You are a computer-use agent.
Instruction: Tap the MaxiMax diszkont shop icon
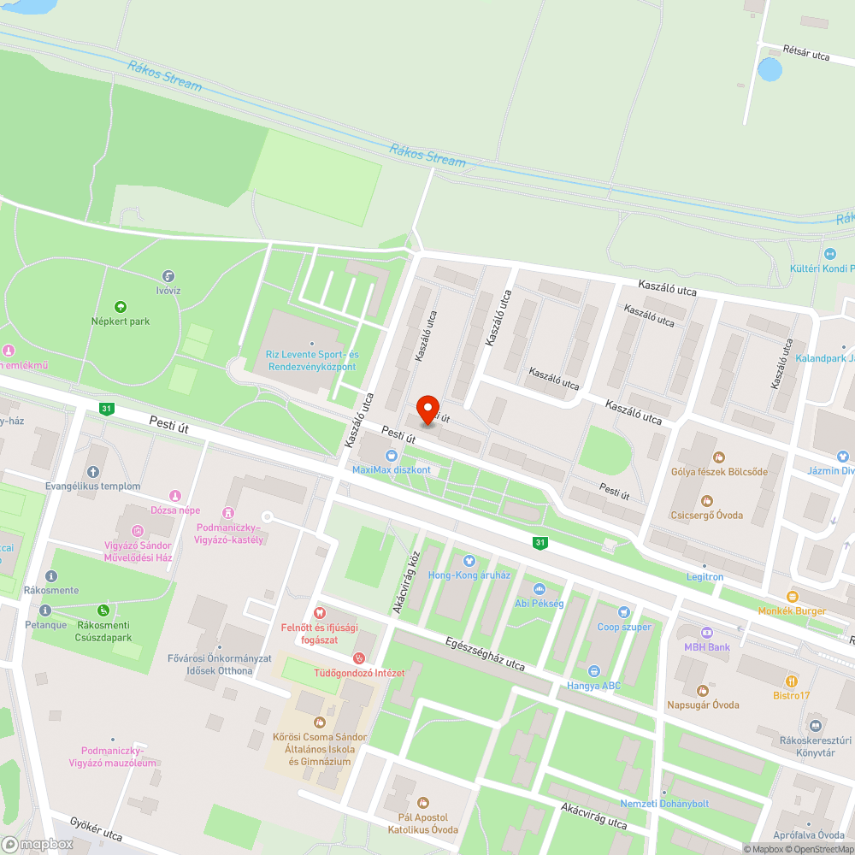[x=392, y=456]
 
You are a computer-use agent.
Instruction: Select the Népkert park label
[x=121, y=321]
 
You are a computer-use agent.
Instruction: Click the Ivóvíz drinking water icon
[x=168, y=276]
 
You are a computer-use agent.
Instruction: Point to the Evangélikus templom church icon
[x=93, y=472]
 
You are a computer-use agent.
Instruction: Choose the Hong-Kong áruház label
[x=469, y=575]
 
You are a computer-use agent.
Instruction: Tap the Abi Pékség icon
[x=539, y=589]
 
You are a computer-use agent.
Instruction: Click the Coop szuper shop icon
[x=624, y=612]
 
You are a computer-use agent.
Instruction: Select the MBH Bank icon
[x=706, y=633]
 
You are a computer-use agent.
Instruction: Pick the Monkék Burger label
[x=792, y=611]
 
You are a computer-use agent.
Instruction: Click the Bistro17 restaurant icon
[x=792, y=681]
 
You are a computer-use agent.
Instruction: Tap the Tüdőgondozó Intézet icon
[x=359, y=658]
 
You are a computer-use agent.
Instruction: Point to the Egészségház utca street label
[x=485, y=652]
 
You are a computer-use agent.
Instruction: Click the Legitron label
[x=704, y=577]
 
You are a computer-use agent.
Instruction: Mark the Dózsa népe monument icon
[x=175, y=496]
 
